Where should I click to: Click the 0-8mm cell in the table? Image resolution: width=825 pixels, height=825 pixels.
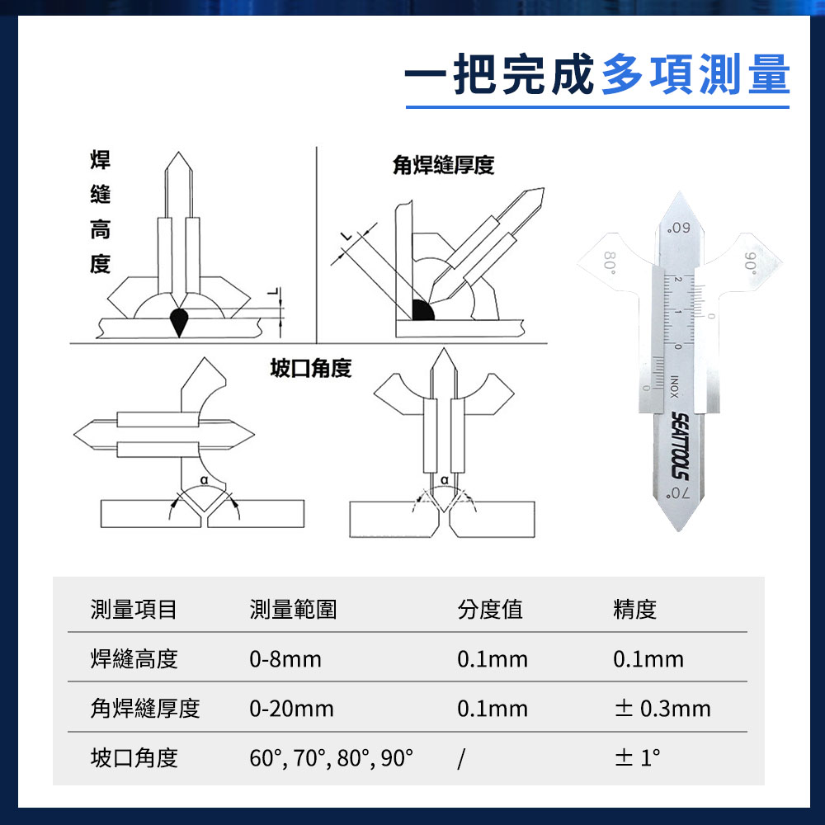[x=285, y=658]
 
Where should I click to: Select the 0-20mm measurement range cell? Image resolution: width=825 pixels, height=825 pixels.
[x=291, y=708]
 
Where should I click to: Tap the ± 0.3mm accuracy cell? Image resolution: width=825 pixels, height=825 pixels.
[x=662, y=708]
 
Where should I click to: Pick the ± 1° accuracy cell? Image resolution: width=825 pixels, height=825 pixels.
[x=637, y=757]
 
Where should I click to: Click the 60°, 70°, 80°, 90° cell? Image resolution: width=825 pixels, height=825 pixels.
[x=332, y=758]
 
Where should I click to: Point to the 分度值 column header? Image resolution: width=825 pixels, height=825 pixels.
[x=490, y=610]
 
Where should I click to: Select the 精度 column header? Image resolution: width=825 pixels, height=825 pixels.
[x=635, y=610]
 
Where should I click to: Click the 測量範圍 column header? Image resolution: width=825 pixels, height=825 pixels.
[x=293, y=610]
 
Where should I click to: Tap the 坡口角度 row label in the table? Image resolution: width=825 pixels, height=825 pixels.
[x=134, y=757]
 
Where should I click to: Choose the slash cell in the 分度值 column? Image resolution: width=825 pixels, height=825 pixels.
[x=461, y=758]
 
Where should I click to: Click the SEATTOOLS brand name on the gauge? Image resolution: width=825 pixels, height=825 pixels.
[x=680, y=446]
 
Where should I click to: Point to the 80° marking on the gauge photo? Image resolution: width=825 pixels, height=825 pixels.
[x=610, y=262]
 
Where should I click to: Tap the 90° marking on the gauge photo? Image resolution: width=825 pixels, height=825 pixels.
[x=750, y=263]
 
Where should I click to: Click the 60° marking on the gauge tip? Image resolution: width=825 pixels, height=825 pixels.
[x=678, y=228]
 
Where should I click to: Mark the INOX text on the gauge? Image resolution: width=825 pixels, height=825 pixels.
[x=674, y=387]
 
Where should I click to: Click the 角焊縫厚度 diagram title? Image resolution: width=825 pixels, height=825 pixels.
[x=443, y=165]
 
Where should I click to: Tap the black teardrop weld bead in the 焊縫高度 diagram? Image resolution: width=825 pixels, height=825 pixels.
[x=179, y=322]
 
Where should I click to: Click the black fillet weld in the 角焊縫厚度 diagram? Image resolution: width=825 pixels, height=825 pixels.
[x=422, y=310]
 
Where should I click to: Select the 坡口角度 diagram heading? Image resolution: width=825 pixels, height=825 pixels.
[x=311, y=368]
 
